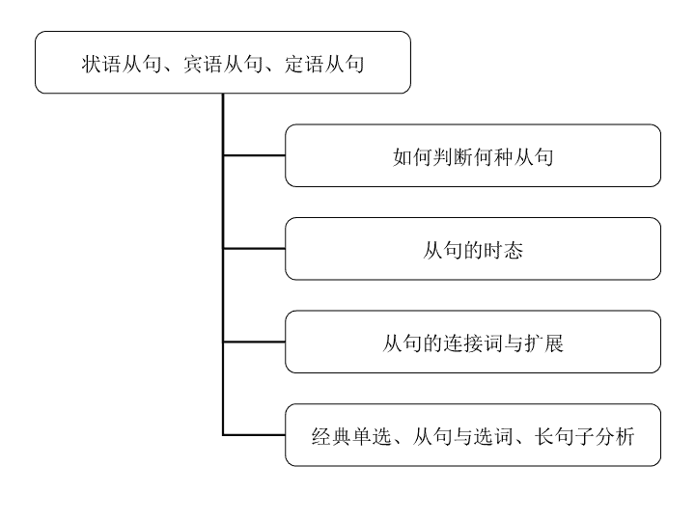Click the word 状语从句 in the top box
tap(121, 64)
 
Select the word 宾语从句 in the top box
tap(223, 64)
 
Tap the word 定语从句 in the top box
tap(324, 64)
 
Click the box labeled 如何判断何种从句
tap(473, 155)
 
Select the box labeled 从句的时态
tap(473, 249)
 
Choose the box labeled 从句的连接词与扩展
tap(473, 342)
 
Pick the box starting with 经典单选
tap(473, 435)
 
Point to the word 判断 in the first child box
tap(453, 157)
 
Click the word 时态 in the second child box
tap(503, 250)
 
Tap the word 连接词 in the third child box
tap(473, 343)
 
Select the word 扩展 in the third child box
tap(543, 343)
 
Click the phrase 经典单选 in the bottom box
tap(351, 436)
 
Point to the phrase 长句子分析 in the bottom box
tap(585, 436)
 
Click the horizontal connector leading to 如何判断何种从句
tap(254, 155)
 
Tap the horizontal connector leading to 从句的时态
tap(254, 249)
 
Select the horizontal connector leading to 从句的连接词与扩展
tap(254, 342)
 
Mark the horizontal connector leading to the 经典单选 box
tap(254, 435)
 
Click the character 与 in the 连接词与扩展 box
tap(514, 343)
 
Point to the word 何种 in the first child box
tap(493, 157)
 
